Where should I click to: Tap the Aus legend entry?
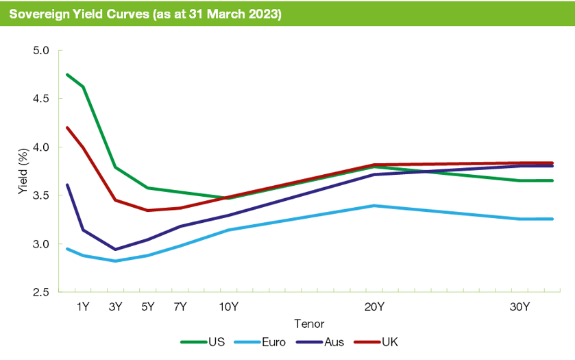[329, 341]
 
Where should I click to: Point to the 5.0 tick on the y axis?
[42, 51]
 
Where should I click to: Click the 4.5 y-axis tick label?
[42, 99]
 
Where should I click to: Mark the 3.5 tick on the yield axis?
[42, 195]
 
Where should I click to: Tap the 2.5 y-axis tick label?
[42, 292]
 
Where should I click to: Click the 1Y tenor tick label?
[83, 307]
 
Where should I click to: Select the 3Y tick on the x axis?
[115, 307]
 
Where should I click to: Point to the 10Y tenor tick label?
[228, 307]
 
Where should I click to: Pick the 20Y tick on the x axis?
[374, 307]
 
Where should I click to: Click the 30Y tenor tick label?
[519, 307]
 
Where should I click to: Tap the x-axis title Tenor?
[309, 323]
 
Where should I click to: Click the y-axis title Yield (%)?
[23, 171]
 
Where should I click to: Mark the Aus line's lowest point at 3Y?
[115, 250]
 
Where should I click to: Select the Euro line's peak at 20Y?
[374, 205]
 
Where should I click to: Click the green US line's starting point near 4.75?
[67, 74]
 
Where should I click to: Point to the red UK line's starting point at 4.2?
[67, 128]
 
